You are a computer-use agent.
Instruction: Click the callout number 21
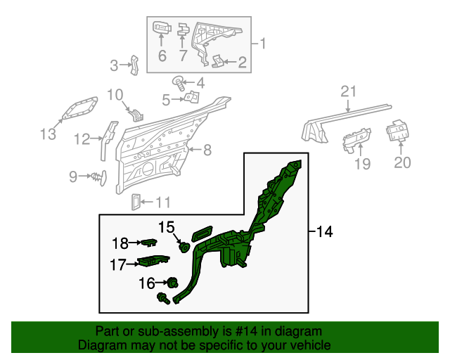pos(349,91)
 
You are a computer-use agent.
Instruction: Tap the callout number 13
pos(47,134)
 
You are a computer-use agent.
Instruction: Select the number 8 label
pos(207,149)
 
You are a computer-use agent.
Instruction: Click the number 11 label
pos(162,203)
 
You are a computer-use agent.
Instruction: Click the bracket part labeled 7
pos(183,30)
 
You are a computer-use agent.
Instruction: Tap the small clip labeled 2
pos(219,61)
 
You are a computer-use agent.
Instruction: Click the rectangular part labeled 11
pos(136,202)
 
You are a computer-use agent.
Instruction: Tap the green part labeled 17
pos(153,262)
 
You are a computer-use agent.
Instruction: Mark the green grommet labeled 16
pos(169,283)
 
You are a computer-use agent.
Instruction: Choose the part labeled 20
pos(399,131)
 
